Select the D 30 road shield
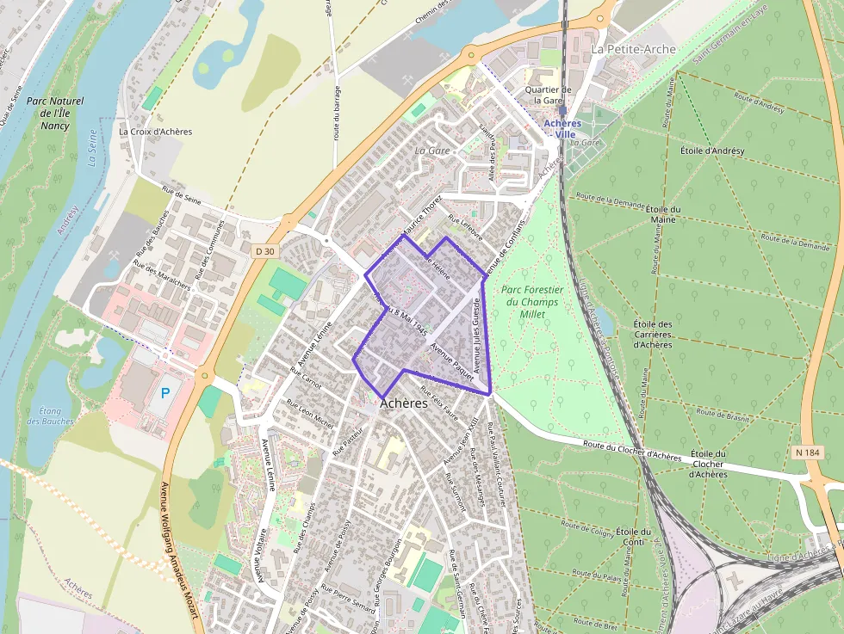(x=266, y=250)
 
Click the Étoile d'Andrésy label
(x=712, y=151)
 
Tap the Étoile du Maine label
(x=663, y=214)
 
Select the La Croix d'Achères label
(x=155, y=132)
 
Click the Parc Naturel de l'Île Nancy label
(x=48, y=113)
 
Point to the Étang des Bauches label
(x=44, y=415)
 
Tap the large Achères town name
(x=404, y=403)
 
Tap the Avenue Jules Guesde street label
(x=476, y=340)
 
